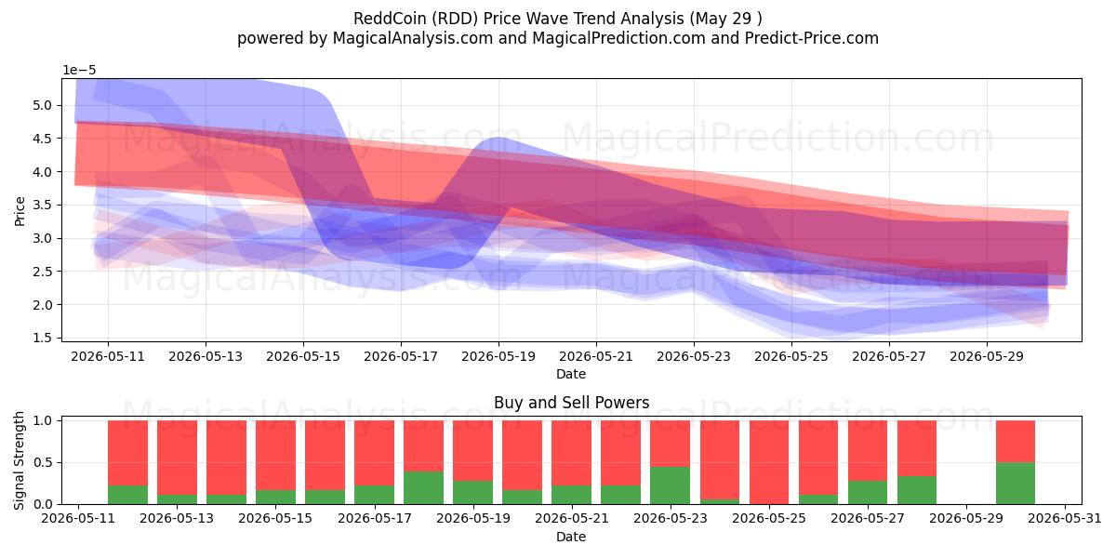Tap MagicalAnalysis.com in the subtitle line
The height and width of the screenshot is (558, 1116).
point(413,38)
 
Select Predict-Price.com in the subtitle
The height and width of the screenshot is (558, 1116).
point(812,38)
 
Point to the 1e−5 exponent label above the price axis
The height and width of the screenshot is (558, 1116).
point(79,71)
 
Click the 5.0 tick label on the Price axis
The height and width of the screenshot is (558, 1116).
point(42,105)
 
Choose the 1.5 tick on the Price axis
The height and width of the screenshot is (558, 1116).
point(42,338)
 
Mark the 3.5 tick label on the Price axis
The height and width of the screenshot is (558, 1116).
point(42,205)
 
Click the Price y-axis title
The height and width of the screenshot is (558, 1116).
point(20,211)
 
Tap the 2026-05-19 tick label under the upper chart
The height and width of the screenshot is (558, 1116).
point(498,357)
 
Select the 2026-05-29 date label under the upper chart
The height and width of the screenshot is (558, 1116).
point(987,357)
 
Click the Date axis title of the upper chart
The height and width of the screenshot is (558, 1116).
point(571,374)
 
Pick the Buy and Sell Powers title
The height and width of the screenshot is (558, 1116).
point(571,403)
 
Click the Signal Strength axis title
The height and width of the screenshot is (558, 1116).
point(19,461)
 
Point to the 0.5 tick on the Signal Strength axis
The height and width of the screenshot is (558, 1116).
point(42,462)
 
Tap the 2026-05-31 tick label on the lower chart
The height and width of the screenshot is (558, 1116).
point(1065,519)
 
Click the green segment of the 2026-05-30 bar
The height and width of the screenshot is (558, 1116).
point(1016,484)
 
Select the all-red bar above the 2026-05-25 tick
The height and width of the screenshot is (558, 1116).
point(769,462)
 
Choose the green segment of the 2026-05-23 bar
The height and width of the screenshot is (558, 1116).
point(671,485)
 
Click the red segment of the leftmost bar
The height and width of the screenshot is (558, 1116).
point(128,453)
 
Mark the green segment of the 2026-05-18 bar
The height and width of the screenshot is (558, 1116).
point(423,487)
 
